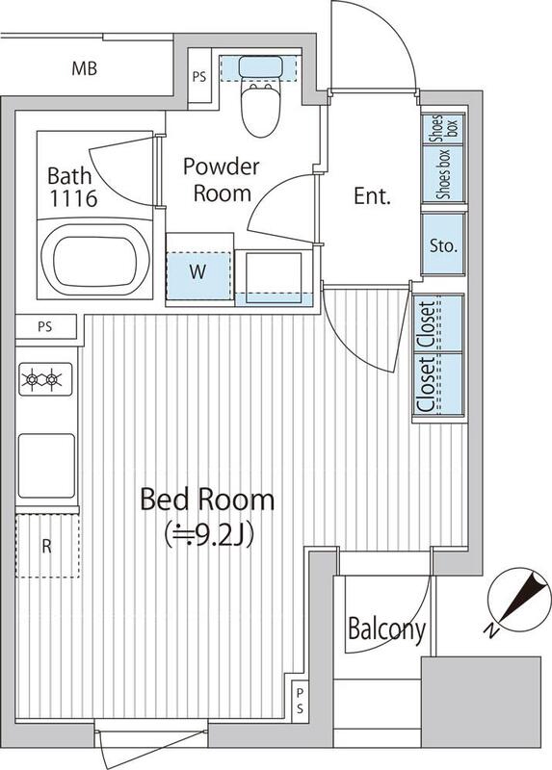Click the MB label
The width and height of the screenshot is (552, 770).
(85, 68)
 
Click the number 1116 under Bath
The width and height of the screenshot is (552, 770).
(73, 198)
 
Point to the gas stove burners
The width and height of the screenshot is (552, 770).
(45, 379)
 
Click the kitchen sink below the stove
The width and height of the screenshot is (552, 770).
(46, 466)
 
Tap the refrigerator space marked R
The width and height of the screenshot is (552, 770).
(47, 546)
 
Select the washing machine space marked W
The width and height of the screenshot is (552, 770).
(198, 275)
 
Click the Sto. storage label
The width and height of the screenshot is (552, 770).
(443, 245)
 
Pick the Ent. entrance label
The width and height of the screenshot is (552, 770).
(372, 196)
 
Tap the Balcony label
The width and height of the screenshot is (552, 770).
(386, 629)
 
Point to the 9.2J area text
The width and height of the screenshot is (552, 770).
(209, 535)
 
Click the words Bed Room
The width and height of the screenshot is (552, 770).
(207, 500)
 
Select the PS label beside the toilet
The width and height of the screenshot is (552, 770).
(199, 77)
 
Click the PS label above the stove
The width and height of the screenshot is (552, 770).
(45, 327)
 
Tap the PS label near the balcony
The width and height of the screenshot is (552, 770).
(300, 701)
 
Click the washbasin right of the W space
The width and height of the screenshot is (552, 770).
(274, 278)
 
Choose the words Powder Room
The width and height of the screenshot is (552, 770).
(222, 180)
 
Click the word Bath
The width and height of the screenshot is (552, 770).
(69, 176)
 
